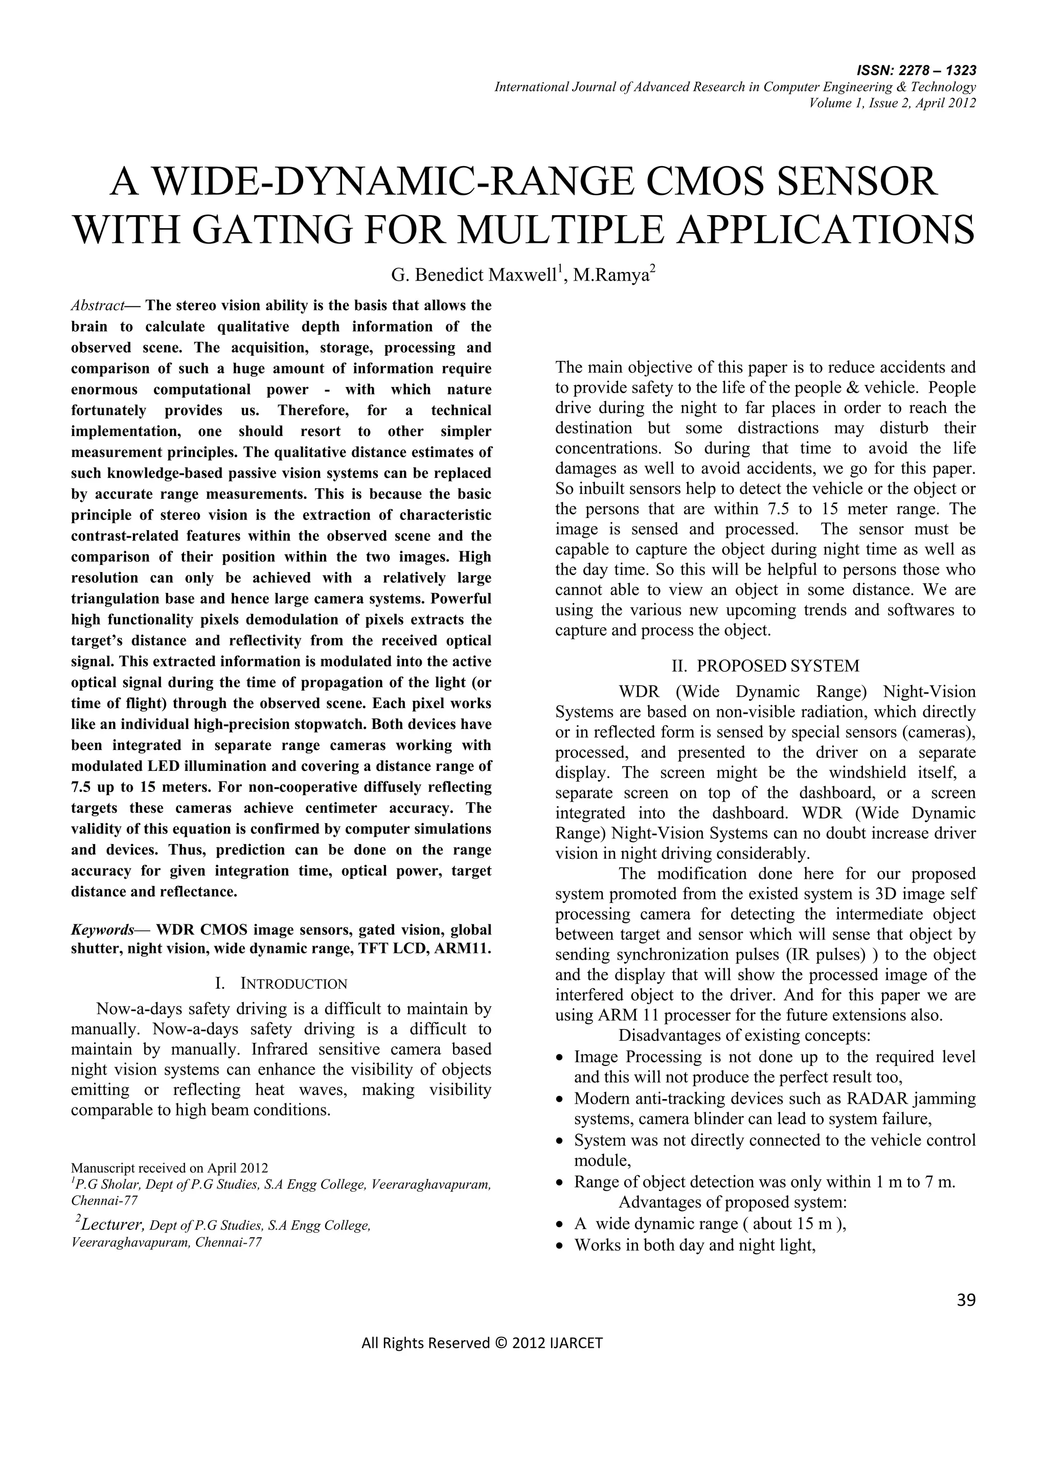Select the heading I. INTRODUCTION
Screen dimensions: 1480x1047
pos(281,984)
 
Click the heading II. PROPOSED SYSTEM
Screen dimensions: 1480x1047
pos(765,666)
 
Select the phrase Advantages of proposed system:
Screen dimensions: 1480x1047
pos(733,1202)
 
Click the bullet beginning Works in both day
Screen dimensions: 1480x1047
pos(695,1245)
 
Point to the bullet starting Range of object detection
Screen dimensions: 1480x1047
pos(764,1181)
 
